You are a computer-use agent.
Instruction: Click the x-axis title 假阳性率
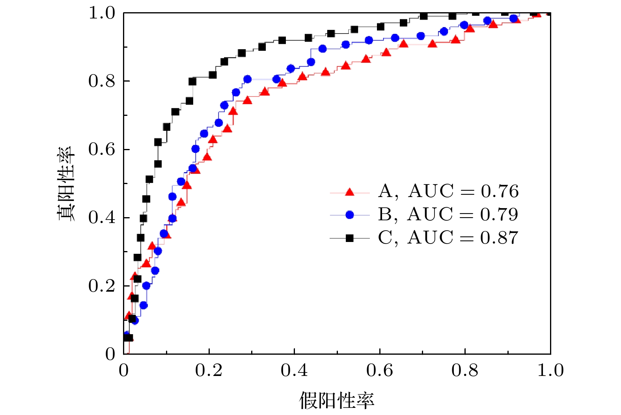point(336,400)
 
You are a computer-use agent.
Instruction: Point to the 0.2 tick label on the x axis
point(209,370)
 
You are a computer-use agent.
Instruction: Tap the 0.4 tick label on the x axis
point(295,370)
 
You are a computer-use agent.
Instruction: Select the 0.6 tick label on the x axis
point(380,370)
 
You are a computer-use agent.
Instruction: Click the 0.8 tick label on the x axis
point(465,370)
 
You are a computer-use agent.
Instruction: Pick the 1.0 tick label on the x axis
point(550,370)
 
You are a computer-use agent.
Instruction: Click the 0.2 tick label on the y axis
point(102,286)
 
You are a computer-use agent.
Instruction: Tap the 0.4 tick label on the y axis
point(102,218)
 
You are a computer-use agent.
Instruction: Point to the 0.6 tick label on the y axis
point(102,149)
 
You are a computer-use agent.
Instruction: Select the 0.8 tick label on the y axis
point(102,81)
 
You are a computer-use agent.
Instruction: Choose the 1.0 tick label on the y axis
point(102,13)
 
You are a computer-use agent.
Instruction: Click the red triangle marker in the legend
point(349,192)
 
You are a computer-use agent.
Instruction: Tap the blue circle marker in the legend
point(349,215)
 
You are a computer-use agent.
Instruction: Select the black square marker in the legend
point(349,238)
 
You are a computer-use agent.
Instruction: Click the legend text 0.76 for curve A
point(500,192)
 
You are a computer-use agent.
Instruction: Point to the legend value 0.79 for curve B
point(499,215)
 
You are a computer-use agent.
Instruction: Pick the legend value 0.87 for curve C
point(499,238)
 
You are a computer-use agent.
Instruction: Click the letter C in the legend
point(385,238)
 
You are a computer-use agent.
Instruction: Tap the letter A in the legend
point(385,192)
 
